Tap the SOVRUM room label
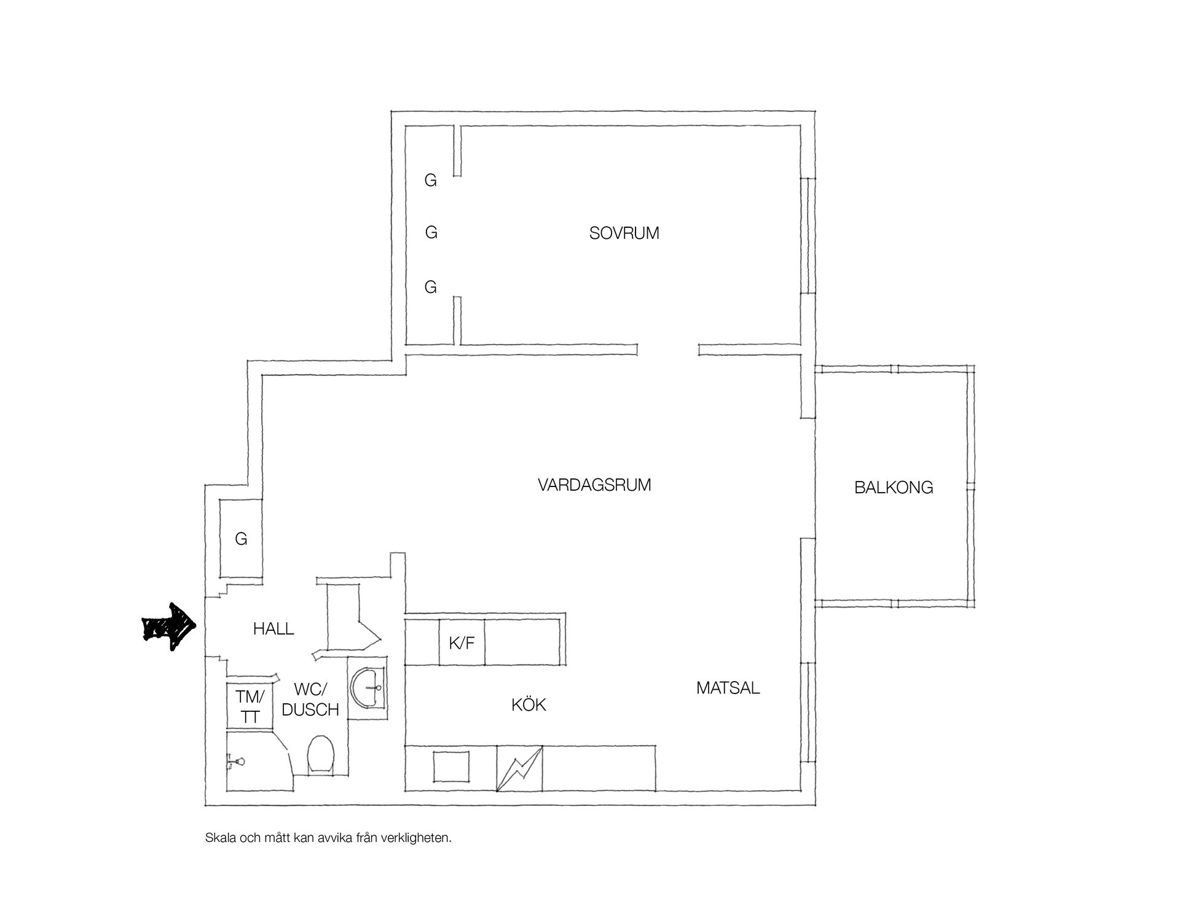point(624,233)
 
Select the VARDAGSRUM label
point(594,485)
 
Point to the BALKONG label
point(894,488)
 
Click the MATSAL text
point(728,688)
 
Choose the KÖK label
point(529,704)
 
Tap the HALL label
point(273,629)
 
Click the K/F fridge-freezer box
point(462,642)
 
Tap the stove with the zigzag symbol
point(519,768)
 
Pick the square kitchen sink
point(452,767)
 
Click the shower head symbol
point(237,762)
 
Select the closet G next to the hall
point(241,539)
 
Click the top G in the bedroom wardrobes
point(431,181)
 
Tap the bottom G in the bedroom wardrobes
point(431,287)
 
